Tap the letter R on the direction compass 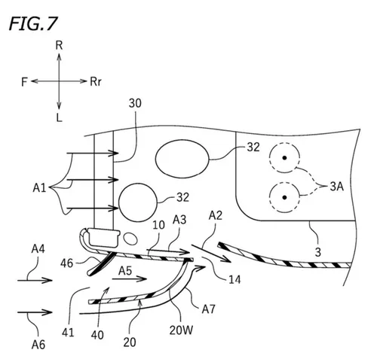(x=59, y=46)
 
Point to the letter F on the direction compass (x=24, y=81)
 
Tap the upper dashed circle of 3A (x=284, y=159)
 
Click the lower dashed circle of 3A (x=284, y=196)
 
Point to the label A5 (x=125, y=269)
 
